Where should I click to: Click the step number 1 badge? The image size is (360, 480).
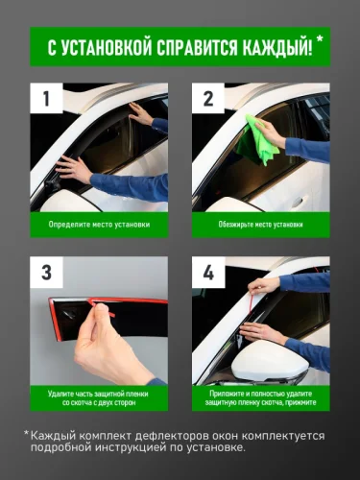[46, 98]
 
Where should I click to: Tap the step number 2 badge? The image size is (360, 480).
[208, 98]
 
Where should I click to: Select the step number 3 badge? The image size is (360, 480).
[46, 273]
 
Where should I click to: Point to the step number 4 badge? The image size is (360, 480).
[208, 273]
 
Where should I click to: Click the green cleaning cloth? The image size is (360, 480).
[256, 139]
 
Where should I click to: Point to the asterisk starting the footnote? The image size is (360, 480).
[26, 433]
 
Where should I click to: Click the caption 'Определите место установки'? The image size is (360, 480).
[99, 225]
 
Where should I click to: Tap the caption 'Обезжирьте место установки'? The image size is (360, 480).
[261, 225]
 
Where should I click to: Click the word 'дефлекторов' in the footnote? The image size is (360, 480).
[164, 436]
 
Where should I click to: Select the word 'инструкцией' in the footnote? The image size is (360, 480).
[131, 447]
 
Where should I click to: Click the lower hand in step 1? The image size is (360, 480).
[74, 168]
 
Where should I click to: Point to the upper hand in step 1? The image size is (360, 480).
[141, 114]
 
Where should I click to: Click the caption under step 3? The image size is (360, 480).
[99, 398]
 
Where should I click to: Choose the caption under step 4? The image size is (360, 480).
[261, 398]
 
